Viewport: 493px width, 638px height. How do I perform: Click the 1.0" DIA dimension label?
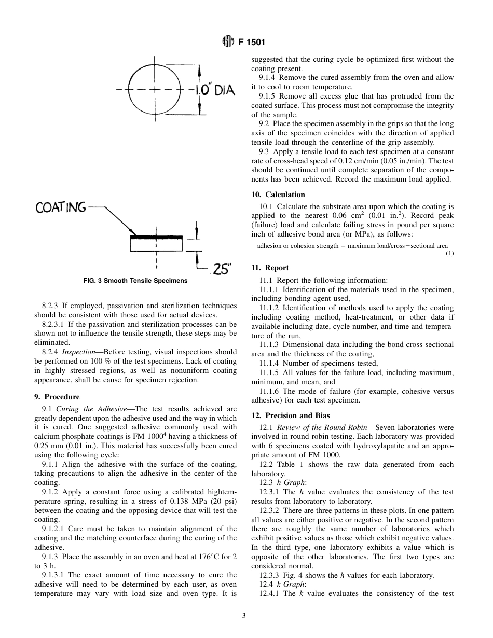(x=212, y=90)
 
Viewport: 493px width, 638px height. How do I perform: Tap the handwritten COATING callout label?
(x=61, y=207)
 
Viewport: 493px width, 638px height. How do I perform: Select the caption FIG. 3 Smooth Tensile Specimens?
(x=135, y=281)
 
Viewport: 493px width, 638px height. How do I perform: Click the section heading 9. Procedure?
(x=57, y=397)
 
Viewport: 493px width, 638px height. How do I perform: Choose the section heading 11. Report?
(x=270, y=268)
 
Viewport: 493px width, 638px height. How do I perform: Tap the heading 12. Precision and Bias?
(x=290, y=415)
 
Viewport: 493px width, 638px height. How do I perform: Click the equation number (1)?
(x=449, y=253)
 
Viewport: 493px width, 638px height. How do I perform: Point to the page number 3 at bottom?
(x=244, y=616)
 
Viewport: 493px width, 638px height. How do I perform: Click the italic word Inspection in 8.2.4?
(x=78, y=352)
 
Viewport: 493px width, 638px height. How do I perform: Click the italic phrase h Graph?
(x=292, y=482)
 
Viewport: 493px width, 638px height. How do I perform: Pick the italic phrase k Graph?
(x=292, y=585)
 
